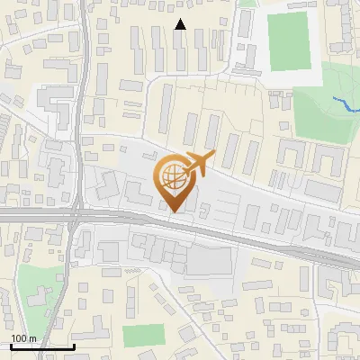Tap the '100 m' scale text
(23, 338)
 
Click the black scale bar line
(41, 346)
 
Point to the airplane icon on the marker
(199, 164)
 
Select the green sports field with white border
(288, 40)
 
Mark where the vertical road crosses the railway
(77, 217)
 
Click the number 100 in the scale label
(19, 338)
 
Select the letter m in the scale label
(32, 338)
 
